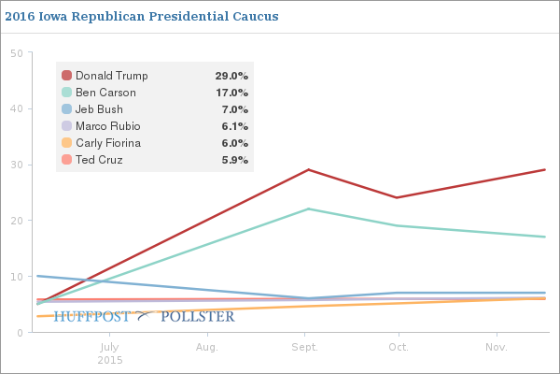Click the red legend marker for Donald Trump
pos(66,76)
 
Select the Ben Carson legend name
pos(105,93)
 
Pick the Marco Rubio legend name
pos(109,126)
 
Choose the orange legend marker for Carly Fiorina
pos(66,143)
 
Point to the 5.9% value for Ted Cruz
pos(234,160)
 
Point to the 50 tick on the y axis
pos(16,53)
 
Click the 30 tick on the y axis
pos(16,165)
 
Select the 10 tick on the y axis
pos(16,277)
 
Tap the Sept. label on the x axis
pos(304,347)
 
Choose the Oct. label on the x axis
pos(399,347)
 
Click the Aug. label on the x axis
pos(207,347)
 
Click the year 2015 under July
pos(110,359)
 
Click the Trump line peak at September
pos(308,170)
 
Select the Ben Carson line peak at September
pos(308,209)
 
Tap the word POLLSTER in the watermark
pos(197,317)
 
